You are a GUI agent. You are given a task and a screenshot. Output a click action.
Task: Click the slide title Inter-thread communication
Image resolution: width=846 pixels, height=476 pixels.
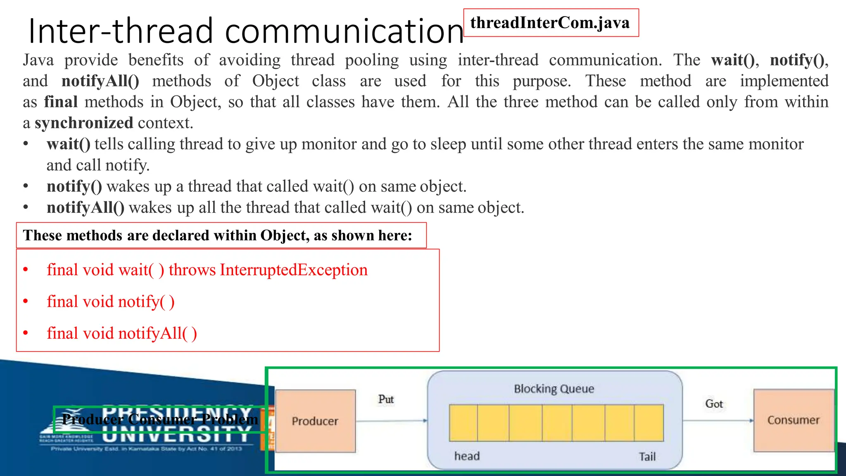[245, 31]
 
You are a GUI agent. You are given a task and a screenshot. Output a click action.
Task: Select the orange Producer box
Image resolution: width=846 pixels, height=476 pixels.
[315, 421]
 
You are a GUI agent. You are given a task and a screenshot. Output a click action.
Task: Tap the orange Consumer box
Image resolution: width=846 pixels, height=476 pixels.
[793, 420]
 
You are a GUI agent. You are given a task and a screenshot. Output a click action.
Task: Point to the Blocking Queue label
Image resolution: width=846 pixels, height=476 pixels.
[554, 389]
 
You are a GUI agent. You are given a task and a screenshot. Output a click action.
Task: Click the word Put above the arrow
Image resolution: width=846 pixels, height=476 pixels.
[386, 399]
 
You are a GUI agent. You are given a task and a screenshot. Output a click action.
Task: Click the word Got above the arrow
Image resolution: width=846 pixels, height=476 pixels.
[714, 404]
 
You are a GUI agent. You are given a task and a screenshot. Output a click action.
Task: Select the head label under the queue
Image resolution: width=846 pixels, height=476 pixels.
[467, 456]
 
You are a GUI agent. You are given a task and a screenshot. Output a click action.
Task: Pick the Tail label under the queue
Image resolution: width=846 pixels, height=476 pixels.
[647, 457]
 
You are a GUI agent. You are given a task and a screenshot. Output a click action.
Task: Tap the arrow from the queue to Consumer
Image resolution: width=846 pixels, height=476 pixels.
[718, 421]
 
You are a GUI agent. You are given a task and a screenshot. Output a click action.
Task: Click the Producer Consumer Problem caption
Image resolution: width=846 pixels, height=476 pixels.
[160, 419]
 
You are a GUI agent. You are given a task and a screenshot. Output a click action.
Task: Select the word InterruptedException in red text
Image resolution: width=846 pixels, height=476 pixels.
[294, 270]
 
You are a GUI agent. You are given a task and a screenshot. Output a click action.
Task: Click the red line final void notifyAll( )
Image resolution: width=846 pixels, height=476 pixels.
[122, 333]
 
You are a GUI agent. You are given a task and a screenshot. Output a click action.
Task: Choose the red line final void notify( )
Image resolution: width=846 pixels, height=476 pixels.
[111, 302]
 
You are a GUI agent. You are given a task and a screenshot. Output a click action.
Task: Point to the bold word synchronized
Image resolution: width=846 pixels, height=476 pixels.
[84, 123]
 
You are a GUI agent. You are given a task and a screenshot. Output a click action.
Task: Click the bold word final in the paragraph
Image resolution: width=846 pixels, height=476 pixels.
[61, 102]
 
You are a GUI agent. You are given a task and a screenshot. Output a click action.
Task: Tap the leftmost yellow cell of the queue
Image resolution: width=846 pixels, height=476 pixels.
[463, 423]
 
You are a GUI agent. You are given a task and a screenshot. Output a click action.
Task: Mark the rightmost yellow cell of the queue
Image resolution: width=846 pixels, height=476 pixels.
[649, 423]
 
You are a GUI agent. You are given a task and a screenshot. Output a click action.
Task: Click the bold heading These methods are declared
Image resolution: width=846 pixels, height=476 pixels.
[217, 236]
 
